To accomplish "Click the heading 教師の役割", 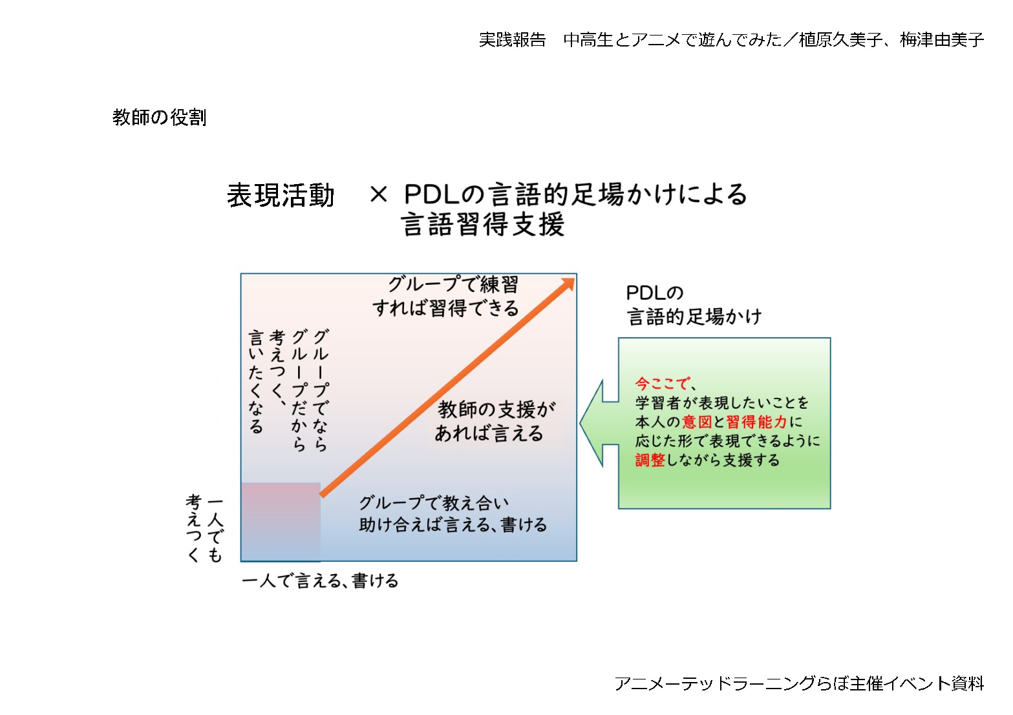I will tap(159, 117).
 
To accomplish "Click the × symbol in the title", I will tap(378, 194).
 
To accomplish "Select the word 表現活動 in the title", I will tap(281, 196).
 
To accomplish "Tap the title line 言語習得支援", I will tap(482, 225).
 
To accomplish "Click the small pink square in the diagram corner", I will tap(281, 521).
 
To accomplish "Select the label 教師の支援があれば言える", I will tap(495, 421).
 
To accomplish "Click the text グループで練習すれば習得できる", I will tap(446, 296).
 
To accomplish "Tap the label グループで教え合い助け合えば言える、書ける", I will tap(453, 514).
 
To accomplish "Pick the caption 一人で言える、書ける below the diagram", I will tap(320, 581).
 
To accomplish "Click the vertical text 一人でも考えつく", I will tap(204, 528).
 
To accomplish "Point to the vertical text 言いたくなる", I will tap(256, 381).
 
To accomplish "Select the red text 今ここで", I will tap(662, 384).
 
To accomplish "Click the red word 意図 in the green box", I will tap(697, 422).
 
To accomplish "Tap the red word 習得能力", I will tap(756, 422).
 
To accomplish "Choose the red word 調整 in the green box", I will tap(650, 460).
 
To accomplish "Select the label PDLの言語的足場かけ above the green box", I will tap(694, 305).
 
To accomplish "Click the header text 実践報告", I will tap(512, 40).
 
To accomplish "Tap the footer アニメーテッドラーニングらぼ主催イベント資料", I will tap(799, 683).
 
